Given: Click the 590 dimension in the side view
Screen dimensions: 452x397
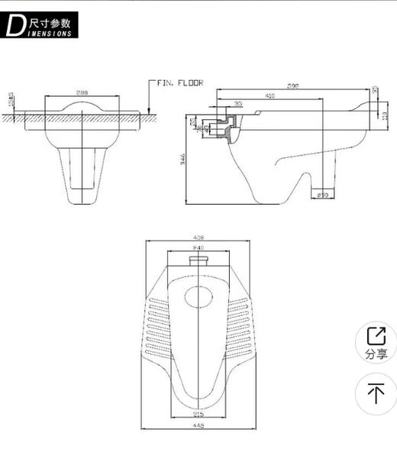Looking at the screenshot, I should click(x=293, y=86).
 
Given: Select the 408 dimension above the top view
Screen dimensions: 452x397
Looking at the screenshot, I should click(x=198, y=237).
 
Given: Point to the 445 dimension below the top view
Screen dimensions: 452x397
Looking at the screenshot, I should click(x=198, y=426).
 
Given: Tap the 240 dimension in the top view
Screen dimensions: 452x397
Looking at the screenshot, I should click(x=198, y=247).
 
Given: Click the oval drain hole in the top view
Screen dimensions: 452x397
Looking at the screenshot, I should click(x=198, y=296).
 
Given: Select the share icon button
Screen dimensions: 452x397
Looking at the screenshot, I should click(x=376, y=336).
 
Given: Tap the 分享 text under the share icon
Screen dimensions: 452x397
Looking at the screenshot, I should click(x=376, y=354).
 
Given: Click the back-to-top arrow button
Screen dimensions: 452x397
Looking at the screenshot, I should click(x=376, y=393).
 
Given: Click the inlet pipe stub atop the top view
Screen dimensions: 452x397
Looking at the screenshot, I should click(x=198, y=262).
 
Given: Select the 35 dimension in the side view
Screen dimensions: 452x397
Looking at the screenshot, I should click(x=238, y=104).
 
